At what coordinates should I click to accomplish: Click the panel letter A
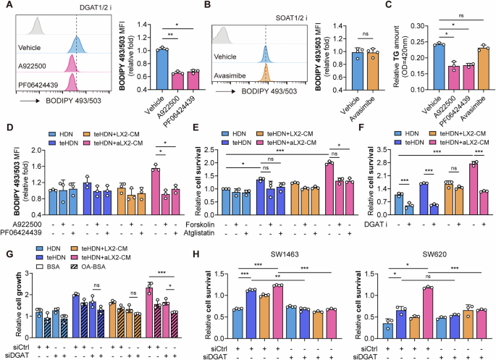(x=6, y=7)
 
